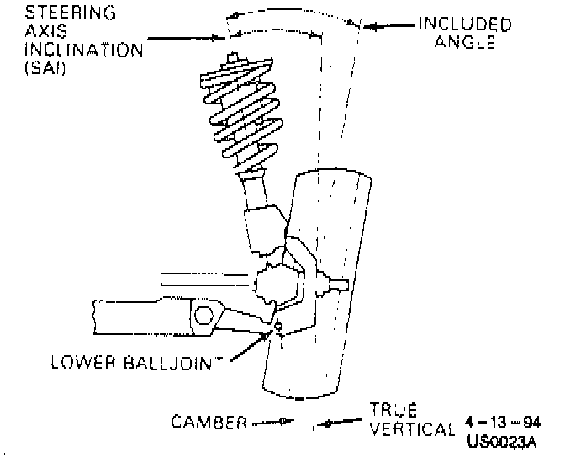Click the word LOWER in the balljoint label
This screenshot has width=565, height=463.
point(82,365)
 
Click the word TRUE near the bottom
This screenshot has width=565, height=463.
point(393,411)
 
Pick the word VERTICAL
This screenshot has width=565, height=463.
point(411,429)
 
